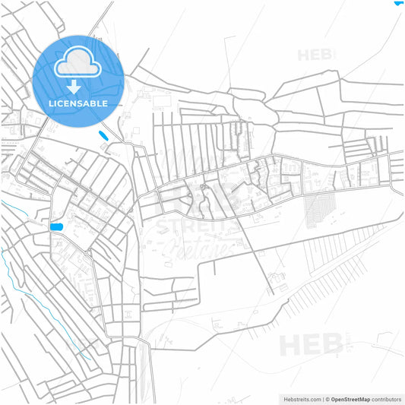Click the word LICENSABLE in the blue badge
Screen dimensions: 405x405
coord(78,103)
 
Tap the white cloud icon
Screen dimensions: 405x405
coord(78,62)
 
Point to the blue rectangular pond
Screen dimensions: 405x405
coord(55,226)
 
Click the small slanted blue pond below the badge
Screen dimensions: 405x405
coord(103,136)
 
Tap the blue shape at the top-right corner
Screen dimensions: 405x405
coord(399,2)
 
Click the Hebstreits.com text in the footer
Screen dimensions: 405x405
coord(302,398)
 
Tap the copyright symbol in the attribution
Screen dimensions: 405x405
coord(327,398)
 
